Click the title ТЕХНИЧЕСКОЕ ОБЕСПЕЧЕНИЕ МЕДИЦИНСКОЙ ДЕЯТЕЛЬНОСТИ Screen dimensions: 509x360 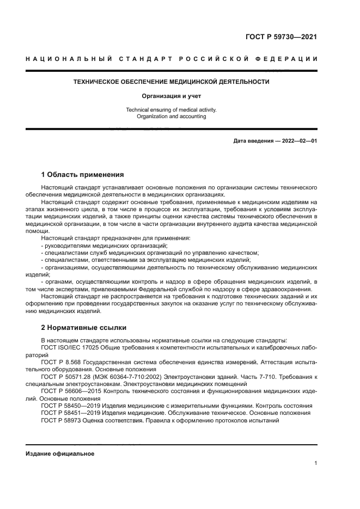click(x=171, y=82)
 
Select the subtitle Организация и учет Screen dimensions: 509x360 click(x=171, y=96)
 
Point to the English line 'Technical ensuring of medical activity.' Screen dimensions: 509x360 click(x=171, y=110)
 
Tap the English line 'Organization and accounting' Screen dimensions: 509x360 click(x=171, y=116)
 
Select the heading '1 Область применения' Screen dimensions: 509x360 click(x=83, y=175)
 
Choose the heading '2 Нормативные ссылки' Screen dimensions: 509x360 click(x=83, y=328)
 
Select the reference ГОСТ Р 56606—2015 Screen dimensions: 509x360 click(x=68, y=391)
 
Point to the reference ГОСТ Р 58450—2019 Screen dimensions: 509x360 click(x=68, y=406)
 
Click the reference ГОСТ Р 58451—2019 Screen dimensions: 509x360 click(x=68, y=413)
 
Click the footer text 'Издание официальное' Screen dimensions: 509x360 click(x=60, y=453)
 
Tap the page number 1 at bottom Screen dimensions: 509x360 click(x=315, y=463)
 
